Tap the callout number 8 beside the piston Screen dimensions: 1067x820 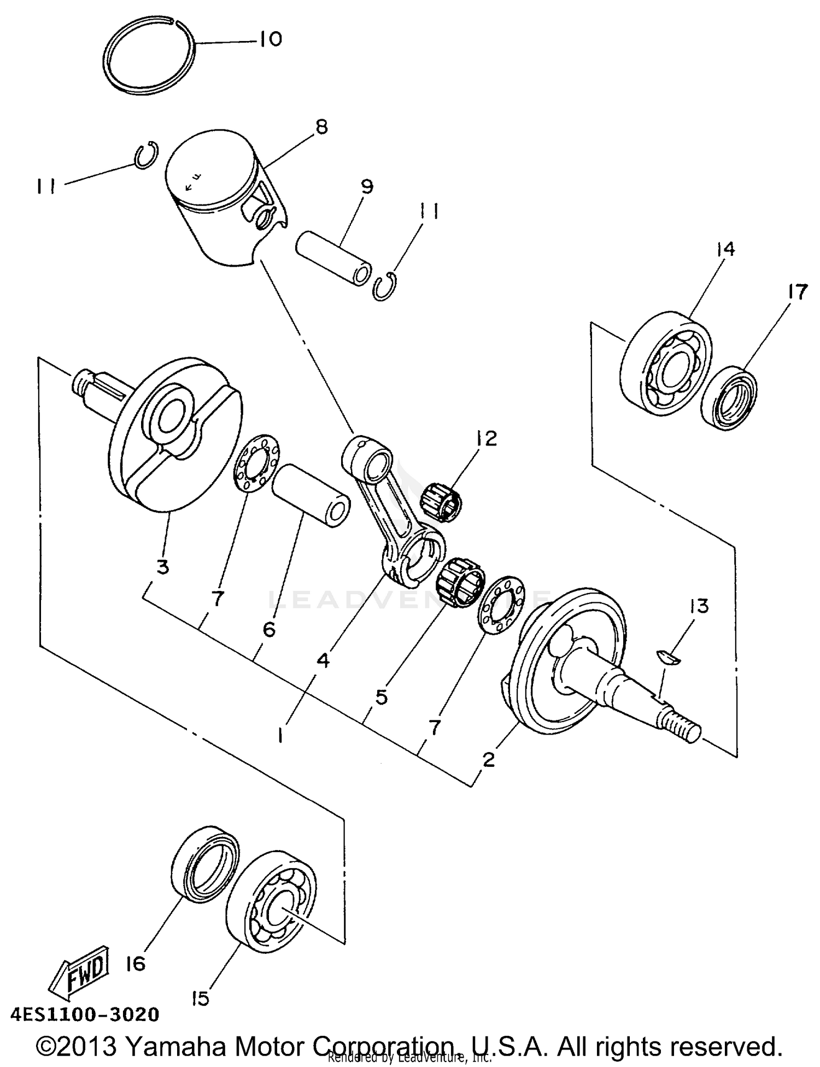pos(321,127)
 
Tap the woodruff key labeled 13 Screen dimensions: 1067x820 pos(668,658)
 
